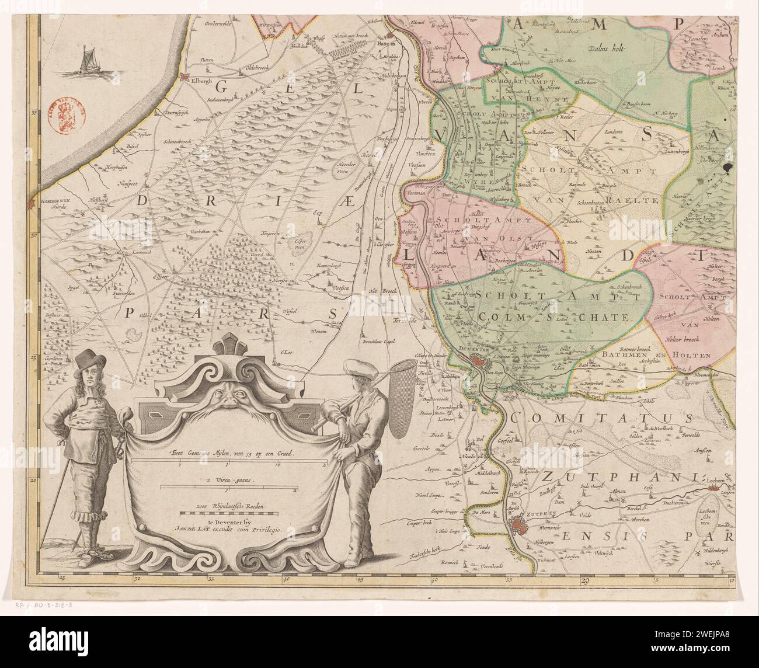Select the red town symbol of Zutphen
coord(518,530)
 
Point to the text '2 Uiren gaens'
coord(227,481)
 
